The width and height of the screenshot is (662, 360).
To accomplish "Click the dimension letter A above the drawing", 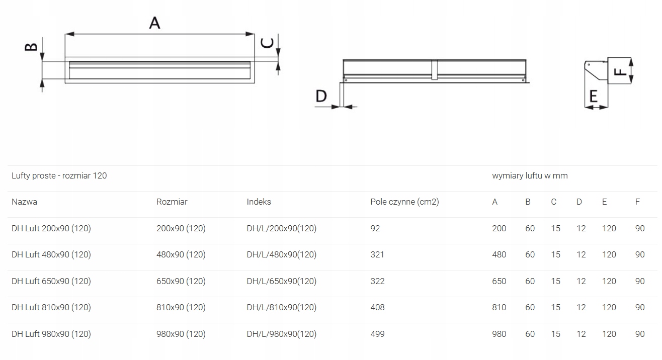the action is pyautogui.click(x=154, y=23).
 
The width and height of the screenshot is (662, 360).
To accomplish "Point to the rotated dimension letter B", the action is pyautogui.click(x=31, y=47).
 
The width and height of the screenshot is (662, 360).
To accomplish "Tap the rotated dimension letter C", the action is pyautogui.click(x=267, y=43).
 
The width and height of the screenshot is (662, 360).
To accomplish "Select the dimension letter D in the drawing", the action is pyautogui.click(x=321, y=96).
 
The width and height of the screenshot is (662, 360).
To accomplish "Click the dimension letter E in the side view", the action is pyautogui.click(x=594, y=96).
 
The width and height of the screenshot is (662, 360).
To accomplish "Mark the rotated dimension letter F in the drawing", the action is pyautogui.click(x=620, y=72).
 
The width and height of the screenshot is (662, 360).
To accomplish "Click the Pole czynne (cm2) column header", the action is pyautogui.click(x=404, y=202).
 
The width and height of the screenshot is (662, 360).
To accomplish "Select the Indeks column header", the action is pyautogui.click(x=259, y=202).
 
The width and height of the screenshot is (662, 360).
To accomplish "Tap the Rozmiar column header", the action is pyautogui.click(x=172, y=202).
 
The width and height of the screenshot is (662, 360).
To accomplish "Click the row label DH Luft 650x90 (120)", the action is pyautogui.click(x=51, y=281).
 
